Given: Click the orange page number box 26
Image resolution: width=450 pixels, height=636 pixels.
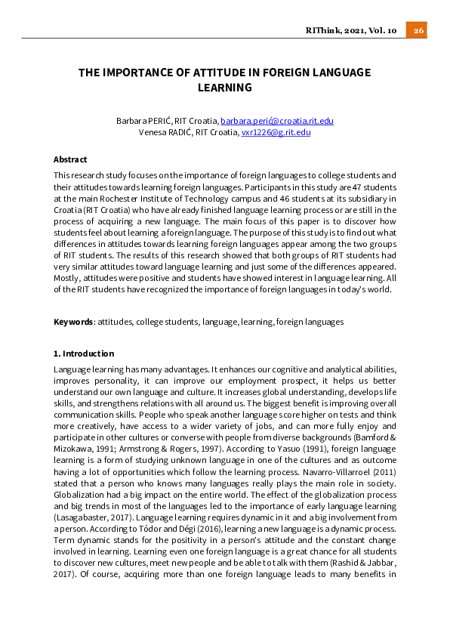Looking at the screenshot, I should click(x=417, y=30).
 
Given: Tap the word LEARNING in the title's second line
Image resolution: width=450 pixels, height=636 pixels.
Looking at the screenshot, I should click(x=223, y=88).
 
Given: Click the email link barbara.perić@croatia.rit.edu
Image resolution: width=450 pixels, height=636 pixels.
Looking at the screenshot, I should click(x=277, y=121).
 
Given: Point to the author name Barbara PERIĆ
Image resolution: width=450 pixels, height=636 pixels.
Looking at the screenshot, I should click(x=142, y=121).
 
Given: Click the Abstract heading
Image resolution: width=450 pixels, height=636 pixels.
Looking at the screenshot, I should click(x=70, y=159).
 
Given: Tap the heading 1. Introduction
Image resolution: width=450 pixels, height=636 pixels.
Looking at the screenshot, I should click(x=84, y=354).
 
